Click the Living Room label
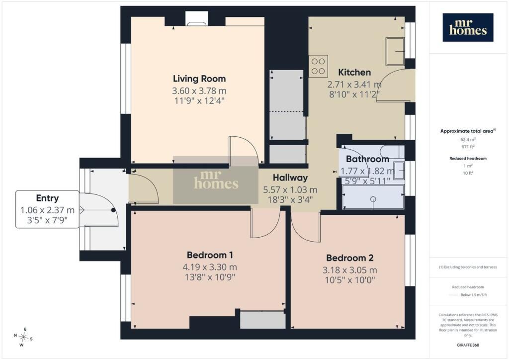199,79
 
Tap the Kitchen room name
354,72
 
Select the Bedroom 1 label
210,255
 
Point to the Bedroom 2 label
349,258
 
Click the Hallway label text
290,178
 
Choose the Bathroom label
367,159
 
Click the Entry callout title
47,198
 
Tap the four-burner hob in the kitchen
318,66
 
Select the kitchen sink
395,51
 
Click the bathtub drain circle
373,199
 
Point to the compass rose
23,337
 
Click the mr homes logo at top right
468,27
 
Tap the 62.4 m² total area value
468,140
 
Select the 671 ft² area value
468,147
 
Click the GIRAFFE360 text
468,345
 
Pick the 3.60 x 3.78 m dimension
199,91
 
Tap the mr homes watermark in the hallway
216,180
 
